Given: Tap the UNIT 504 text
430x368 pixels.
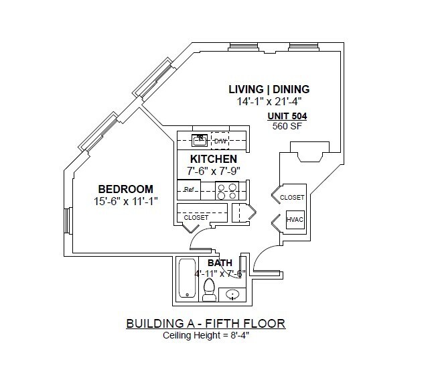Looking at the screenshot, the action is click(285, 115).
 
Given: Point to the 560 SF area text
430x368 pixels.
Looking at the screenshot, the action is click(285, 125).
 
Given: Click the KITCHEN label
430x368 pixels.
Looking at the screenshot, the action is click(213, 159).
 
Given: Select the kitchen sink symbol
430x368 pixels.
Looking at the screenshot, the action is click(200, 141).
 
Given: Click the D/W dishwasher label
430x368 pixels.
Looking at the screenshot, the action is click(220, 141).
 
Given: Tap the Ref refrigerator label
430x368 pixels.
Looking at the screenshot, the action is click(189, 190).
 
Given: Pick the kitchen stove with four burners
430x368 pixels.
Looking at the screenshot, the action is click(228, 190).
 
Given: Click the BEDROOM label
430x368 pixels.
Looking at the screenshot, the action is click(127, 189).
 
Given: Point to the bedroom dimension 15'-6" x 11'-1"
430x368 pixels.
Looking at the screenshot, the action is click(127, 200).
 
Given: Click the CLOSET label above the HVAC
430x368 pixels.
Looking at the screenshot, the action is click(292, 197).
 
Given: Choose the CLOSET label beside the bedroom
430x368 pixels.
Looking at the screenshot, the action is click(196, 218).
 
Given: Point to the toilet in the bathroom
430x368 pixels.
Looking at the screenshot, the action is click(208, 290).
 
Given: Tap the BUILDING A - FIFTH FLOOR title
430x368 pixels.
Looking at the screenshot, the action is click(205, 324).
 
